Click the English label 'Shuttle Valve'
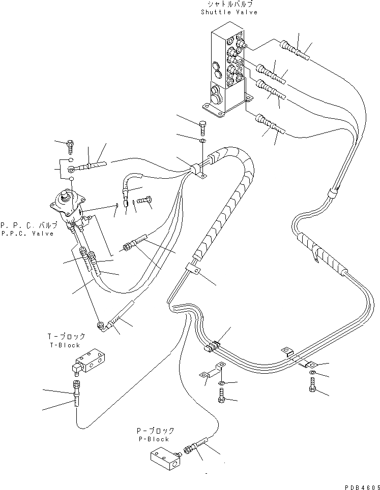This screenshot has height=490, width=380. [229, 12]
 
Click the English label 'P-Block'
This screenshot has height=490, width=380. [153, 439]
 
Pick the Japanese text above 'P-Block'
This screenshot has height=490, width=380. [153, 431]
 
